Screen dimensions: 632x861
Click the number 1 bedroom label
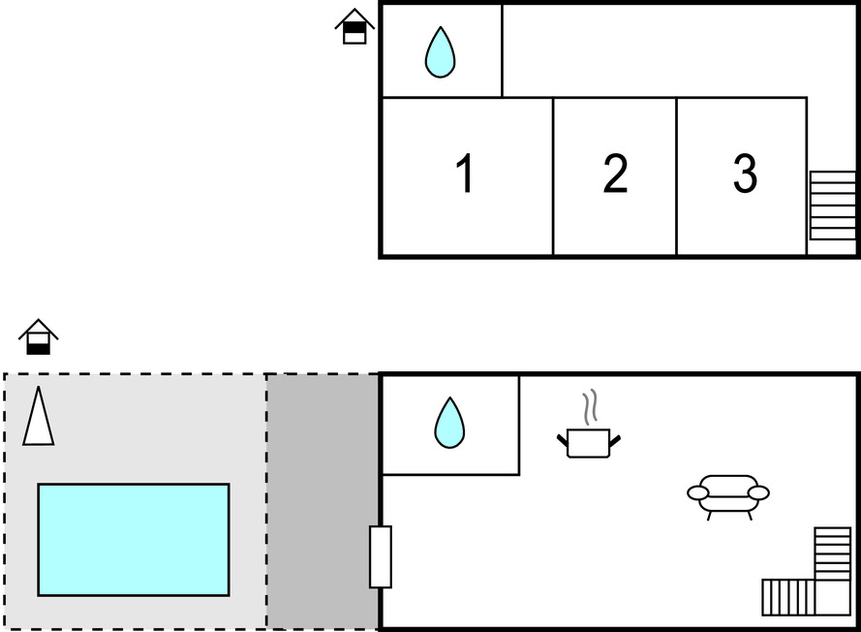click(x=466, y=174)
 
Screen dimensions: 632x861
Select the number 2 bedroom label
click(x=615, y=174)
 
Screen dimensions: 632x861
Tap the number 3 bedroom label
click(x=744, y=174)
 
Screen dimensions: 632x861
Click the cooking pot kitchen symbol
click(x=588, y=442)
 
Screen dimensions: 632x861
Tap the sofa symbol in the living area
click(x=728, y=492)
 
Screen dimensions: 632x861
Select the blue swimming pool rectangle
click(x=134, y=540)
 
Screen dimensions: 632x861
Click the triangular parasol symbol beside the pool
click(x=39, y=418)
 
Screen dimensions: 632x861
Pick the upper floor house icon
click(x=355, y=27)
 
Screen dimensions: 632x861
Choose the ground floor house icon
click(x=39, y=336)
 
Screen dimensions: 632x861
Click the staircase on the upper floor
click(x=832, y=205)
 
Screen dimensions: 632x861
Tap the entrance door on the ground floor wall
click(x=381, y=556)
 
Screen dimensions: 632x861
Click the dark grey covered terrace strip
click(x=323, y=502)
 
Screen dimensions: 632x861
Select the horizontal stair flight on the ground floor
click(x=787, y=597)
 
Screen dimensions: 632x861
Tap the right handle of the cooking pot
click(x=614, y=441)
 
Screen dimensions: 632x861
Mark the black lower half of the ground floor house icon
click(x=39, y=347)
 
